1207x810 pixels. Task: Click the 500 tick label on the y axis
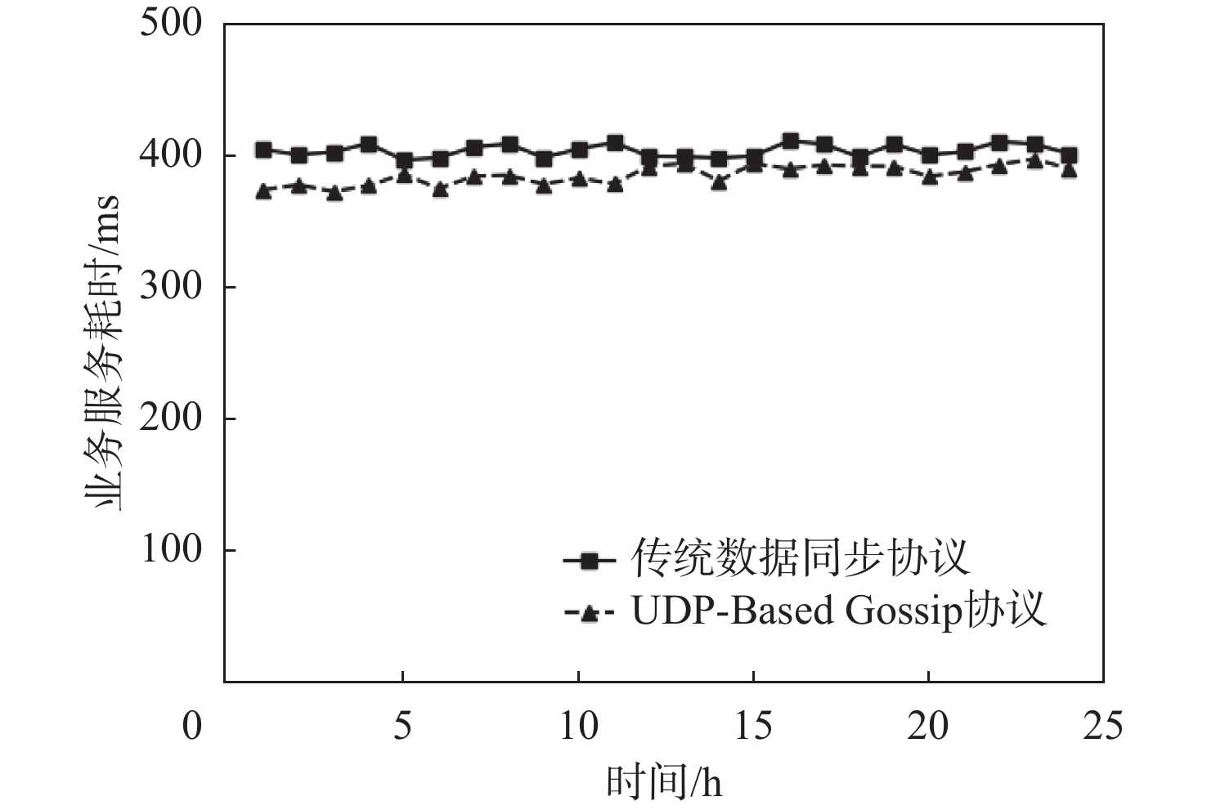click(x=170, y=22)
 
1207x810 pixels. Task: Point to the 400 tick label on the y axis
click(x=170, y=154)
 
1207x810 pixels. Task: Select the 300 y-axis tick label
click(x=170, y=287)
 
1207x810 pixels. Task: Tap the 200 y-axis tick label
click(x=170, y=418)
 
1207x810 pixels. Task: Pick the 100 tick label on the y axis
click(x=170, y=550)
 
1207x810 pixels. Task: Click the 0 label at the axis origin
click(x=191, y=726)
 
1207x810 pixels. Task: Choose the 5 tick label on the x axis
click(x=402, y=726)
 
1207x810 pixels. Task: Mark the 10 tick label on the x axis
click(x=578, y=726)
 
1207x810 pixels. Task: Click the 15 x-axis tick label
click(x=753, y=726)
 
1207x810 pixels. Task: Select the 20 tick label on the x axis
click(x=928, y=726)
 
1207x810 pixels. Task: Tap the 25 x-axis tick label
click(x=1103, y=726)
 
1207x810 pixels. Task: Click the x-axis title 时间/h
click(x=664, y=781)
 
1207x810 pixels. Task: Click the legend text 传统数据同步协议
click(x=801, y=558)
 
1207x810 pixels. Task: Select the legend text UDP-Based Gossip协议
click(x=838, y=611)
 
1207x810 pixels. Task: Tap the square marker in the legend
click(x=589, y=561)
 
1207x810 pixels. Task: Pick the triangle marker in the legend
click(x=589, y=613)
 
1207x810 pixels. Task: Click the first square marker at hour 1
click(x=263, y=150)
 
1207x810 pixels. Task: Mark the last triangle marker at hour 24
click(x=1069, y=170)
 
